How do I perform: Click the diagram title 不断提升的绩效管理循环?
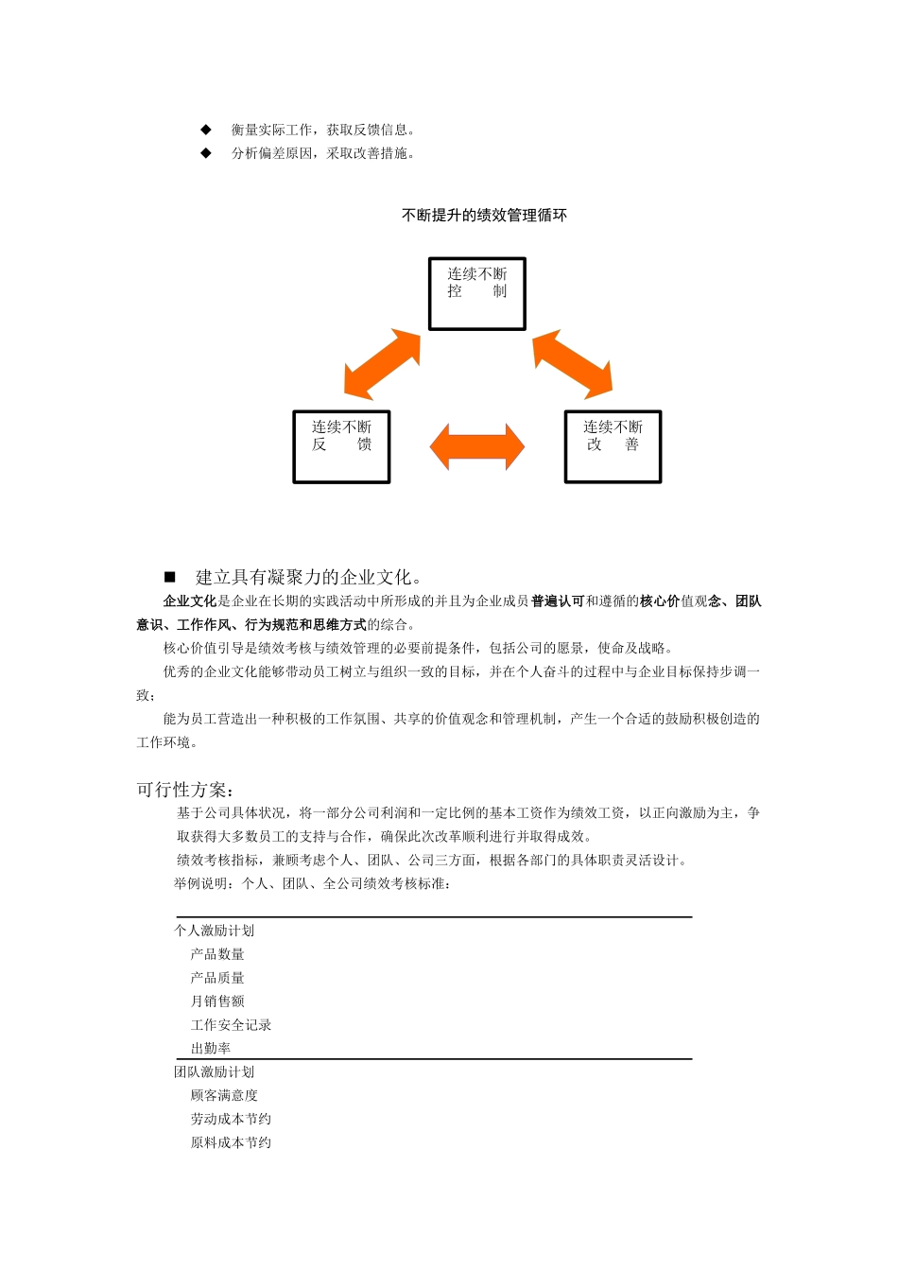(x=484, y=216)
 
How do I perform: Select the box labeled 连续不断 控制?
(x=477, y=294)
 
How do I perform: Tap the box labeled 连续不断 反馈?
(x=341, y=446)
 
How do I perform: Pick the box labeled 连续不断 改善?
(x=613, y=446)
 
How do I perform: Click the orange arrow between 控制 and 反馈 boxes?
(x=382, y=364)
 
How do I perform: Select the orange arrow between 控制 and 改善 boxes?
(x=573, y=363)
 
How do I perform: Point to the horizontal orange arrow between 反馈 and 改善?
(x=477, y=447)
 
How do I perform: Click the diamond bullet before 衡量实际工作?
(x=206, y=130)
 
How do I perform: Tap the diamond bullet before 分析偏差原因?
(x=206, y=153)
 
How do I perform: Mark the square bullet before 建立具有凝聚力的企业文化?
(x=170, y=577)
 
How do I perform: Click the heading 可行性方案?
(x=185, y=790)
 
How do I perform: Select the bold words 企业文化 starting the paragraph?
(x=190, y=601)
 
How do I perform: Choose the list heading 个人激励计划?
(x=215, y=931)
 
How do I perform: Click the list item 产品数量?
(x=217, y=954)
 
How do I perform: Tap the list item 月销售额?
(x=217, y=1001)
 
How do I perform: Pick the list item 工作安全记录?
(x=231, y=1025)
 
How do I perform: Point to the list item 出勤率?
(x=211, y=1049)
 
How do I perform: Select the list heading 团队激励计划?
(x=215, y=1072)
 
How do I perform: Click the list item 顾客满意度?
(x=224, y=1096)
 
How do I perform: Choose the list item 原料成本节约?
(x=231, y=1143)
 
